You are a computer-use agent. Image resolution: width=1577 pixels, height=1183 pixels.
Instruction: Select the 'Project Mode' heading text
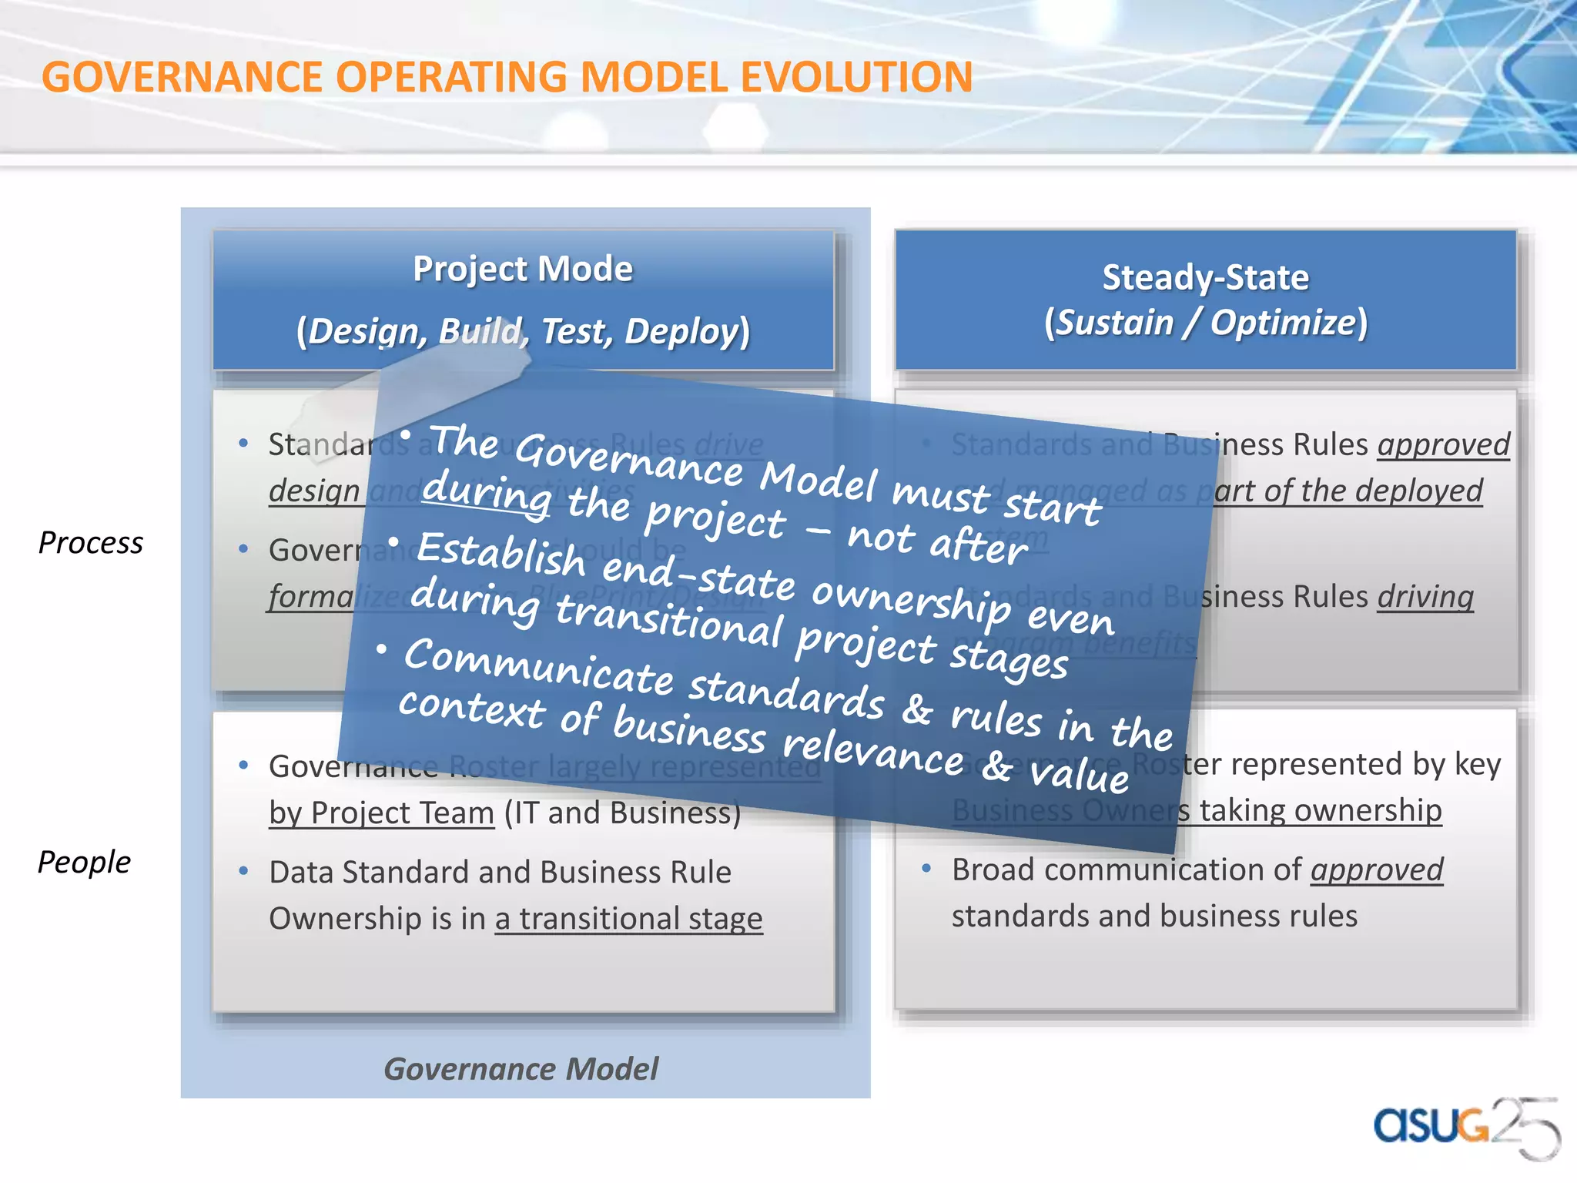523,269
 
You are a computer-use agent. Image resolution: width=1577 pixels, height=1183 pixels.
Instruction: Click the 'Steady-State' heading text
1205,277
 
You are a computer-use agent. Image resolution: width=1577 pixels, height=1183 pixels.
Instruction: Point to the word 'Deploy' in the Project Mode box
681,331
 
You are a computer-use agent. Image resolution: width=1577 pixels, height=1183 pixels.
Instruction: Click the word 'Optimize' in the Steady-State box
1282,322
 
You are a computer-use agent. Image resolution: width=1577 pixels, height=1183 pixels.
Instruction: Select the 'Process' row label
91,543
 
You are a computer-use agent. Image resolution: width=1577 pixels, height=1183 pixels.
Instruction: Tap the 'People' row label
85,862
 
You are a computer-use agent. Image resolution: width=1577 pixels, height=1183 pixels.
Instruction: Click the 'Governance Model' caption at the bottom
521,1069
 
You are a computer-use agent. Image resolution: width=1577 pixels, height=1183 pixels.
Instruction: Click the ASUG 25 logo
1463,1126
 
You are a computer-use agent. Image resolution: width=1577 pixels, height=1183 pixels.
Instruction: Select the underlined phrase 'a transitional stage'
628,919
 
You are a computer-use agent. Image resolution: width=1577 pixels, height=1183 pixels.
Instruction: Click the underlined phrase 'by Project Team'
381,813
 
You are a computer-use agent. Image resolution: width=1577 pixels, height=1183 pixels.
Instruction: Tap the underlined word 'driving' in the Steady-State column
1425,597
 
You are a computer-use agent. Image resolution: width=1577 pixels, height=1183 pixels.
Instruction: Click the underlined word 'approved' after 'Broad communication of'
1377,870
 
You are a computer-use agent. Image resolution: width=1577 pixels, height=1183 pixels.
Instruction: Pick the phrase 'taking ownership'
1320,810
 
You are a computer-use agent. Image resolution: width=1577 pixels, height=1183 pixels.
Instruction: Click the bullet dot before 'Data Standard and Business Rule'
243,871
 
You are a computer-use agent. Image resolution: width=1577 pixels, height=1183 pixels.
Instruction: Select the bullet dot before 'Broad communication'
926,869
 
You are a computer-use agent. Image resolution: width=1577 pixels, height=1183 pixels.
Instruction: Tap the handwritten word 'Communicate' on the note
539,667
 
